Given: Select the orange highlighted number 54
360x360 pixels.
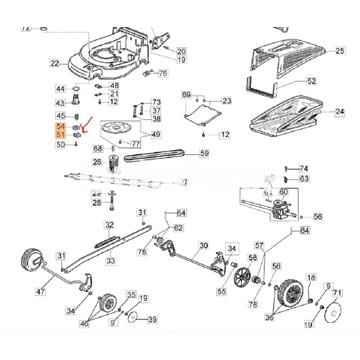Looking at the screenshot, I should coord(61,128).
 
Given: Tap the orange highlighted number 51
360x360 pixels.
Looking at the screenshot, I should coord(61,136).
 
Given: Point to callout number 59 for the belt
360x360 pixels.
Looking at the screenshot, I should coord(203,154).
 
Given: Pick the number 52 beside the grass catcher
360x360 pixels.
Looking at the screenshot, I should coord(311,81).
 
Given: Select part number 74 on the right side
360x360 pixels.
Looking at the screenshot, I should coord(305,168).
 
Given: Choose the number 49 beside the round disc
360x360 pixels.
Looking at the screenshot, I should coord(154,134).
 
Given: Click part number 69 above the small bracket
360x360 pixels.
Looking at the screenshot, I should coord(186,94).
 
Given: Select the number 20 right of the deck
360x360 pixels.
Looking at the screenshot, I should coord(181,50).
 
